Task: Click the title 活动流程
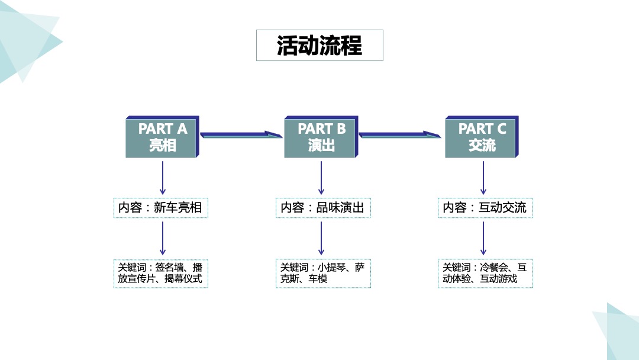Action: point(319,46)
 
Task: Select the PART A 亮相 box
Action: point(162,137)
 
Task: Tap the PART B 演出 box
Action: point(321,137)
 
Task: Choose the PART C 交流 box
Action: point(482,137)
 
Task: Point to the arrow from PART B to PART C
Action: point(400,135)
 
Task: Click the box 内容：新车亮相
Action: point(160,208)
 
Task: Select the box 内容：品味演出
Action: point(322,208)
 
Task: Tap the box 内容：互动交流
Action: point(485,208)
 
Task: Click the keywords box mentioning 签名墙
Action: point(160,273)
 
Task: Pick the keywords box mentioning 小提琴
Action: point(322,273)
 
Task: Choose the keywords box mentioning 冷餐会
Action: point(485,273)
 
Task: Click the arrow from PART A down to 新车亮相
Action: point(163,178)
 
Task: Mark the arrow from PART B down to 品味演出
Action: point(321,178)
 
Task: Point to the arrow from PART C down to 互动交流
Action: point(483,178)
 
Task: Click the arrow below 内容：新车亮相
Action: point(163,238)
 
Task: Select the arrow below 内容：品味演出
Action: point(321,238)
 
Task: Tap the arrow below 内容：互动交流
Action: point(483,238)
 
